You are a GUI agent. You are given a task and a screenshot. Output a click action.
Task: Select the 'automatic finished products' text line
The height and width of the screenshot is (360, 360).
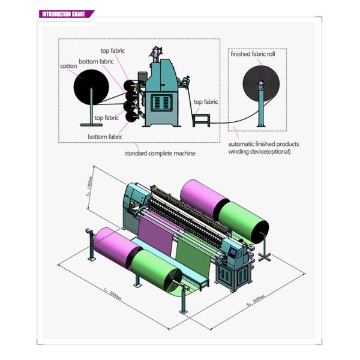[263, 145]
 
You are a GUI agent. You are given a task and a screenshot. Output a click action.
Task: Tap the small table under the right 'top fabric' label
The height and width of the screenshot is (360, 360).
[199, 119]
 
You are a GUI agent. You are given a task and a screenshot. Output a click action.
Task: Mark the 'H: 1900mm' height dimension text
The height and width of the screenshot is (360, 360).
[89, 187]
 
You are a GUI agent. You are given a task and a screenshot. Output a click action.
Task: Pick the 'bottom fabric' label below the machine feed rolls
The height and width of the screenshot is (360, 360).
[105, 137]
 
